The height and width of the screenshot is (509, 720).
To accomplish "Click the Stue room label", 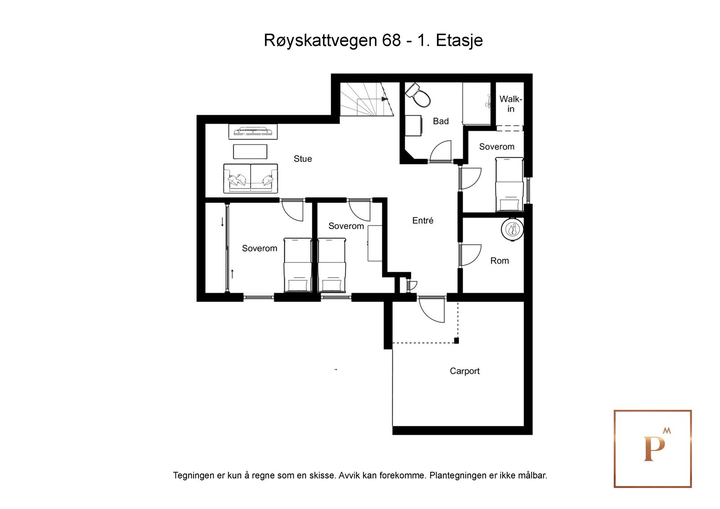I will [302, 159].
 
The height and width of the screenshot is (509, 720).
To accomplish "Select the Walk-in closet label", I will [510, 104].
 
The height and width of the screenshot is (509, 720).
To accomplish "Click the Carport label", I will [464, 371].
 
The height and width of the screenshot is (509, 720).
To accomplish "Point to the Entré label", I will [423, 221].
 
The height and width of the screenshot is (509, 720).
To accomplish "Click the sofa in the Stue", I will [250, 178].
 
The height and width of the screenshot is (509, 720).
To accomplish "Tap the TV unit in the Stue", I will [253, 131].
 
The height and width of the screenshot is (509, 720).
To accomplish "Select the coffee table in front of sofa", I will [250, 152].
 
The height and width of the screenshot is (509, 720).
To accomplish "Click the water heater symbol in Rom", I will [512, 230].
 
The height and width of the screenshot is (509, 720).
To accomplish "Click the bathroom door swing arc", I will [440, 151].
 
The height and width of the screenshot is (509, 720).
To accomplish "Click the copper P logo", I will [652, 449].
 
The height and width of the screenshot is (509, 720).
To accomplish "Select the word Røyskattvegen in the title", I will [320, 41].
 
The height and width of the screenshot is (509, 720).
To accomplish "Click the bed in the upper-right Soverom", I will [509, 185].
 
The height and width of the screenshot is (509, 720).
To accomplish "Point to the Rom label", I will [499, 261].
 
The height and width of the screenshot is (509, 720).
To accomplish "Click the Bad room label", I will [441, 121].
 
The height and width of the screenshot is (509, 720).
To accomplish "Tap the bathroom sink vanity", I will [414, 126].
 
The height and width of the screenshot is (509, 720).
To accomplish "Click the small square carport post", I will [456, 341].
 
